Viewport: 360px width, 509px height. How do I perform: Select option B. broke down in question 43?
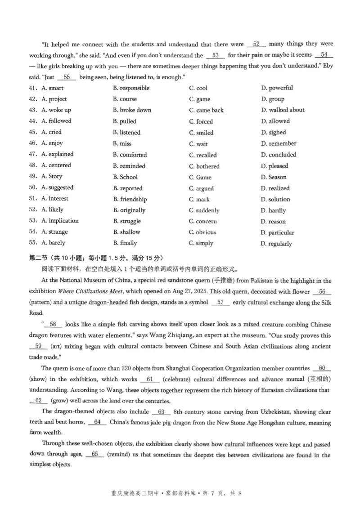coord(132,110)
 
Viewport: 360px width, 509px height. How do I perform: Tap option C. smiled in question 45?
coord(201,133)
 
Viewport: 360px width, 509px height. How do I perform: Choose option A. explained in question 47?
coord(57,154)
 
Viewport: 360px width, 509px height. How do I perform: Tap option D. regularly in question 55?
coord(276,244)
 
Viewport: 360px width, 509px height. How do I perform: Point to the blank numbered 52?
coord(256,44)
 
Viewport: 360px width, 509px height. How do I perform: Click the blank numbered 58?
coord(53,324)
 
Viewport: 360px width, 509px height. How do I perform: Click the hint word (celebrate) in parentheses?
coord(178,379)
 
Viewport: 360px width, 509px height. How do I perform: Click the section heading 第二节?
coord(39,258)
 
